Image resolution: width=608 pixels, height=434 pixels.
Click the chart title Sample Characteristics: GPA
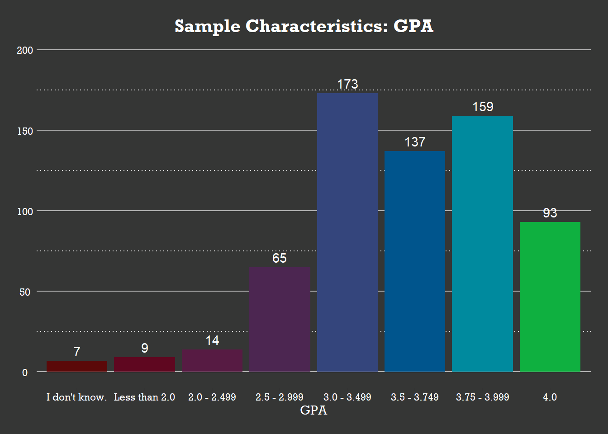coord(304,26)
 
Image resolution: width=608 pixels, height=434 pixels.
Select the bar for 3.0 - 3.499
coord(347,232)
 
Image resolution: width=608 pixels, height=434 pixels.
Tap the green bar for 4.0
coord(550,297)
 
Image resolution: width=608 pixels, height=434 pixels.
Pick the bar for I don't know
coord(77,366)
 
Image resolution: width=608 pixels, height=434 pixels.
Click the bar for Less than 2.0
coord(144,364)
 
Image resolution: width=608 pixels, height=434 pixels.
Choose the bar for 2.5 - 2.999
coord(280,319)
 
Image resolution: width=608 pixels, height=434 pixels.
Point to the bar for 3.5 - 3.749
coord(415,261)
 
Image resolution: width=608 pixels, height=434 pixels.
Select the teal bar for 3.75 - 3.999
coord(482,244)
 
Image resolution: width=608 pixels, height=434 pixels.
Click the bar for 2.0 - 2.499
coord(212,361)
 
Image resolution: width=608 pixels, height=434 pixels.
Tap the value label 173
coord(347,84)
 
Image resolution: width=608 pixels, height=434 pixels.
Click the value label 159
coord(483,107)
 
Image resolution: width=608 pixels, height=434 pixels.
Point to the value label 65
coord(280,258)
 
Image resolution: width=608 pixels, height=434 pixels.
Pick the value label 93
coord(550,213)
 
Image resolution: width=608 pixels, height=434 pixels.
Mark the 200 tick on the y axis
coord(25,50)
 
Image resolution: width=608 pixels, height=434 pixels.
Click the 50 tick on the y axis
coord(25,292)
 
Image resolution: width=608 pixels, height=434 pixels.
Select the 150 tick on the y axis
coord(25,131)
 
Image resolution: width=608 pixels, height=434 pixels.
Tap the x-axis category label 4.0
coord(550,397)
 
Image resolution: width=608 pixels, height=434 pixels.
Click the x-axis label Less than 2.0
coord(144,397)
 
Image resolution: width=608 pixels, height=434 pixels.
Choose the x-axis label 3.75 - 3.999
coord(482,397)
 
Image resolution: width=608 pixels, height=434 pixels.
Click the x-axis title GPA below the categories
coord(313,410)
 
